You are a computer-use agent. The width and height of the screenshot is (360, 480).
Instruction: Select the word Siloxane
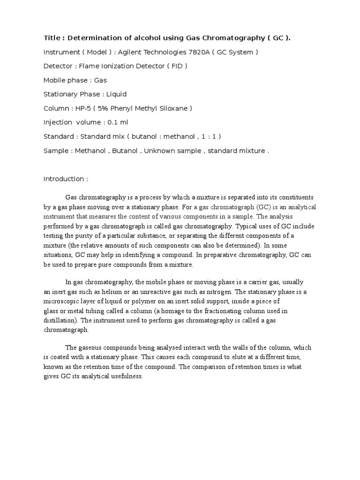click(x=172, y=108)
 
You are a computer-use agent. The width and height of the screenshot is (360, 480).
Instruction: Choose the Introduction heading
click(x=66, y=179)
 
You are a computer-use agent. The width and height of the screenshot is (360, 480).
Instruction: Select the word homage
click(x=181, y=311)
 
